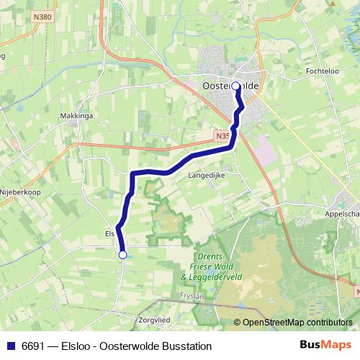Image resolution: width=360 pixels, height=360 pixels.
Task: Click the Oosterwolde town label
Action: [230, 85]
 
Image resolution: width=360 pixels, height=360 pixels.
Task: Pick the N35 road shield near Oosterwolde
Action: [222, 135]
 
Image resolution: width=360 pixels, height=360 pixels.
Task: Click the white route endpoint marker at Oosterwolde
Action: [235, 86]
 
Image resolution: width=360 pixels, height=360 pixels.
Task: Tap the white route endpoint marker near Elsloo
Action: [122, 254]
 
